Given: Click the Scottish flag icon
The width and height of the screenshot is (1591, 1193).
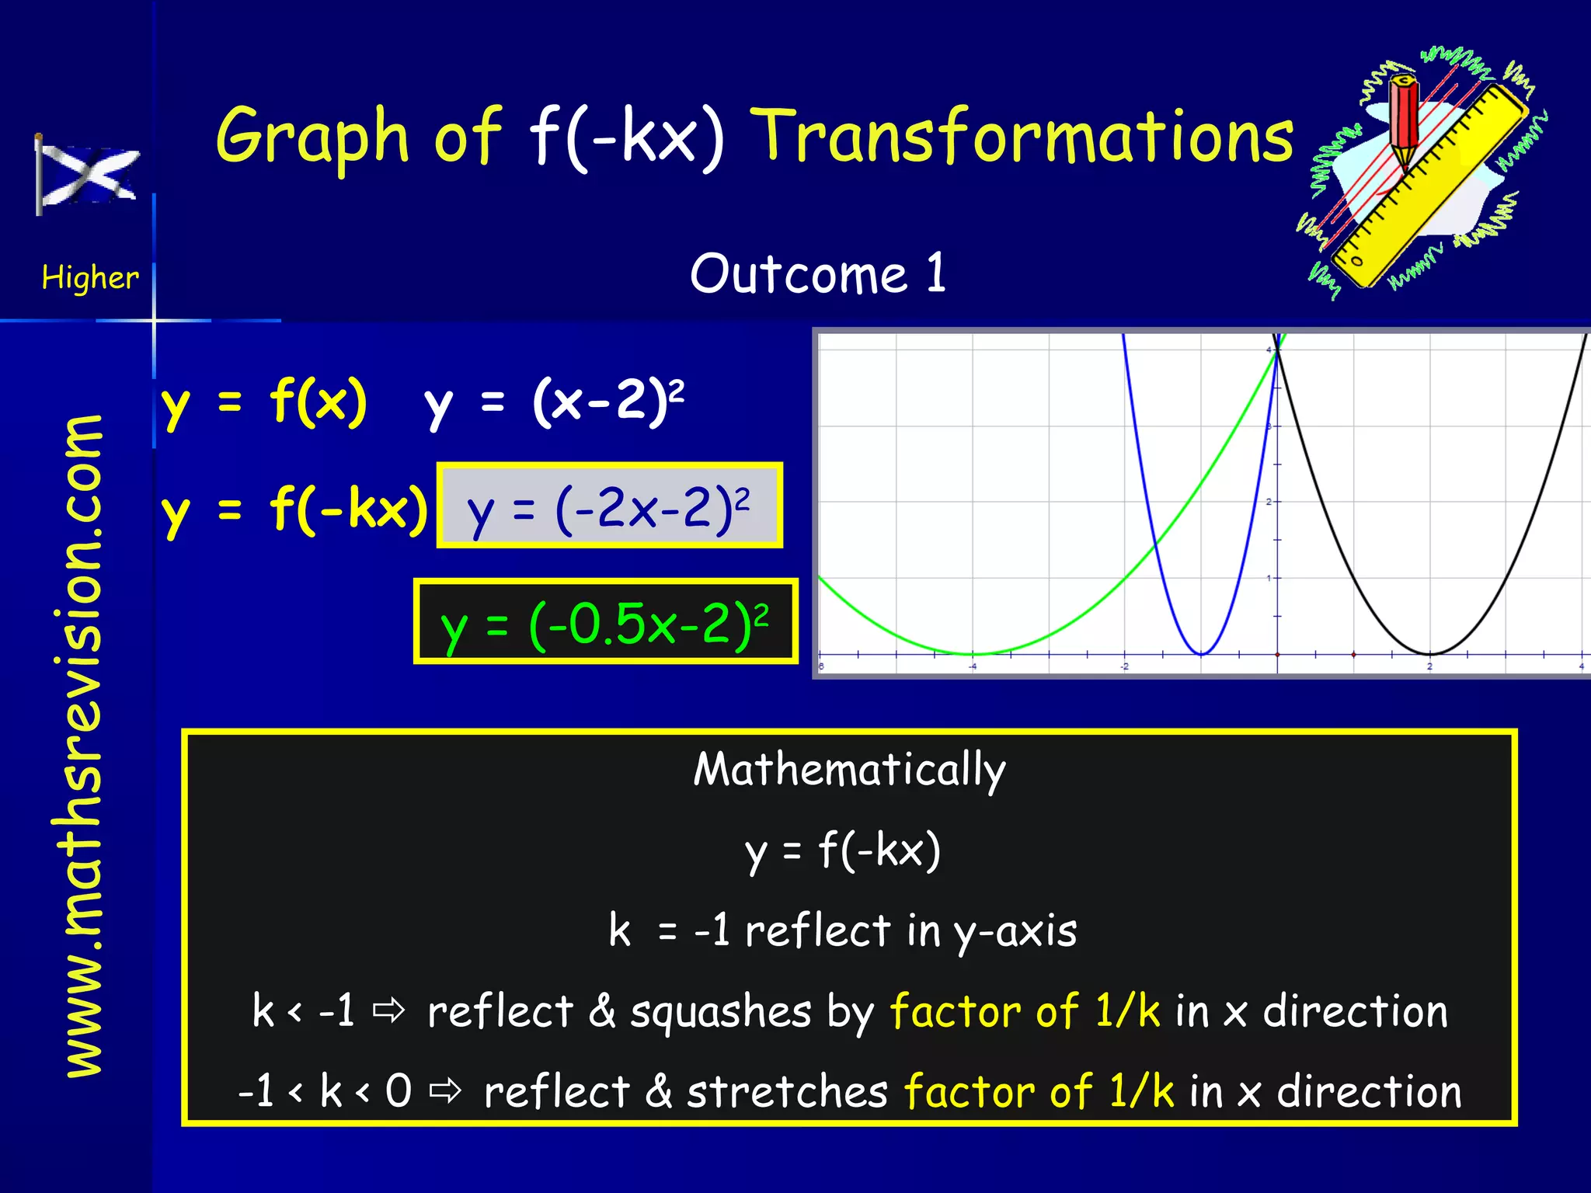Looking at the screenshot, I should (x=87, y=176).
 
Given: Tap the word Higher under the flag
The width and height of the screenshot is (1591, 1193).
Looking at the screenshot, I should (x=90, y=278).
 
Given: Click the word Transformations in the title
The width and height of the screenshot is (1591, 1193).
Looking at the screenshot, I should (x=1025, y=137).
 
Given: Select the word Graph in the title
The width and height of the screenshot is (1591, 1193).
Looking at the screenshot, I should (x=312, y=137).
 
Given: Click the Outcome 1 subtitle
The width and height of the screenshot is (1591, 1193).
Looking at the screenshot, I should (x=818, y=273).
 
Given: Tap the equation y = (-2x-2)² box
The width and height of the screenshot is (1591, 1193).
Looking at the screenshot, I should (x=609, y=506).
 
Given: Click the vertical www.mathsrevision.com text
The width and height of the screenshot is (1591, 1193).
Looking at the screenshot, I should (x=84, y=746).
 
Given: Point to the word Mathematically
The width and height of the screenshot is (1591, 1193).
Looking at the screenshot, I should (x=849, y=770).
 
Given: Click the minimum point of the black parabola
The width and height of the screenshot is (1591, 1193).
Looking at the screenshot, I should (x=1429, y=654).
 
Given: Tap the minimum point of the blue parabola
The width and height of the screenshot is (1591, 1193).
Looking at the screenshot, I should (x=1201, y=654).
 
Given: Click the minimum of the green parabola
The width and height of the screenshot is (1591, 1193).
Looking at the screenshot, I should (x=973, y=654).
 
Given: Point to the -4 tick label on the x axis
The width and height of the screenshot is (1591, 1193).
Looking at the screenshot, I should (x=973, y=666).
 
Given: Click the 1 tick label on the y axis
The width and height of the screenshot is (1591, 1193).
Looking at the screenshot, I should (x=1269, y=578).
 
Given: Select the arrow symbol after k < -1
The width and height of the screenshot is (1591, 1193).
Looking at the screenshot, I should (x=388, y=1010).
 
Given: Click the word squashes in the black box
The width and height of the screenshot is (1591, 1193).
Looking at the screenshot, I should (x=720, y=1012).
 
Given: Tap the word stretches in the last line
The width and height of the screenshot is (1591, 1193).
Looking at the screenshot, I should (x=787, y=1092).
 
